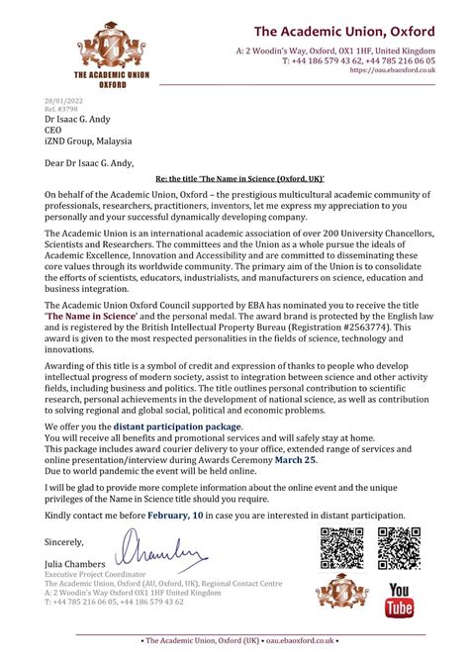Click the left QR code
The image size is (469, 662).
point(341,548)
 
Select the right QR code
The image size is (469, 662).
point(399,548)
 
